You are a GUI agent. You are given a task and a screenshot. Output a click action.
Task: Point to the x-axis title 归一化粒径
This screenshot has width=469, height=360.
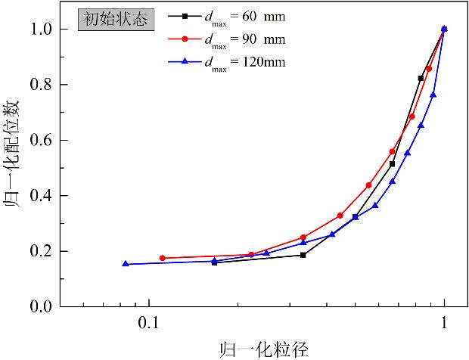coord(254,349)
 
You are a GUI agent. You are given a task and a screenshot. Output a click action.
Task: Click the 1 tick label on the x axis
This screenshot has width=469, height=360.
coord(444,321)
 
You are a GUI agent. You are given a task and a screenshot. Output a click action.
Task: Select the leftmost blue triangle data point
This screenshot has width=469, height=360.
coord(126,264)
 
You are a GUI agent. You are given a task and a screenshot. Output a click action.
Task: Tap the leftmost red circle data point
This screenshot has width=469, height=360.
coord(162,258)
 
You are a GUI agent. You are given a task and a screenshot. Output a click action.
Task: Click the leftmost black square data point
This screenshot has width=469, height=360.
coord(214,262)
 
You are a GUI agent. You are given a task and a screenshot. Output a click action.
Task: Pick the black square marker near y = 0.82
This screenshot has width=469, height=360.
coord(421,78)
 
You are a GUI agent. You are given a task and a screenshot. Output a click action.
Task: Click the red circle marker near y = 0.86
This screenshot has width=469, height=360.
coord(429,68)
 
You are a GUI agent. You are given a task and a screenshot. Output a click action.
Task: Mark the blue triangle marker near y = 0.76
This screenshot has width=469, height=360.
coord(433,95)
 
